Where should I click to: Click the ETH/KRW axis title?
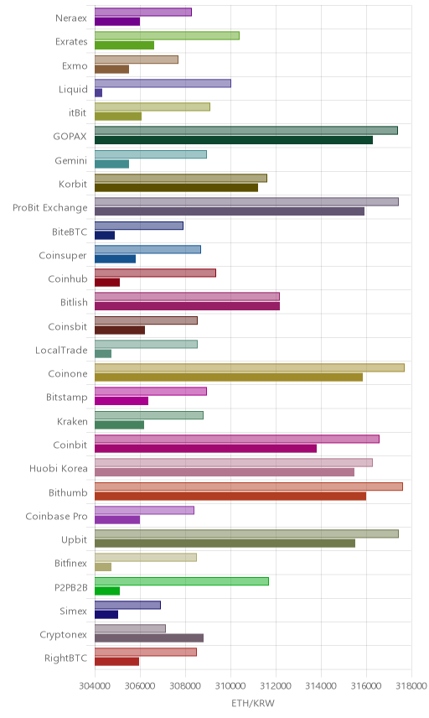(253, 703)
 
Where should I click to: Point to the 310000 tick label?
(230, 685)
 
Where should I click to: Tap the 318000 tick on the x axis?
(411, 685)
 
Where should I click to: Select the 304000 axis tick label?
(95, 685)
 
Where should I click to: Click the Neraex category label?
(71, 18)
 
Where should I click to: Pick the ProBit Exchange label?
(49, 208)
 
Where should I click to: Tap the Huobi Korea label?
(58, 468)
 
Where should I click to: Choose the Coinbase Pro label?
(56, 516)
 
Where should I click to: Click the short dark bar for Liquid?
(98, 93)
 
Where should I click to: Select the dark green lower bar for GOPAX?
(234, 140)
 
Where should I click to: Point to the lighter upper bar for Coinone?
(250, 367)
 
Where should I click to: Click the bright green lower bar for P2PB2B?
(107, 591)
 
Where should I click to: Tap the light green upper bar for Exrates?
(167, 36)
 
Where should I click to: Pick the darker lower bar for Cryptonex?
(149, 638)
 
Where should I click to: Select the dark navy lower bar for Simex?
(106, 615)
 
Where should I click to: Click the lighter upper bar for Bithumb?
(249, 486)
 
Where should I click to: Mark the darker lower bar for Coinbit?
(206, 448)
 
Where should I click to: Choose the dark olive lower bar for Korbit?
(177, 188)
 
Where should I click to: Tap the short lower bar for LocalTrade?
(103, 353)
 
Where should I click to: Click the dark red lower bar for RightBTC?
(117, 662)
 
